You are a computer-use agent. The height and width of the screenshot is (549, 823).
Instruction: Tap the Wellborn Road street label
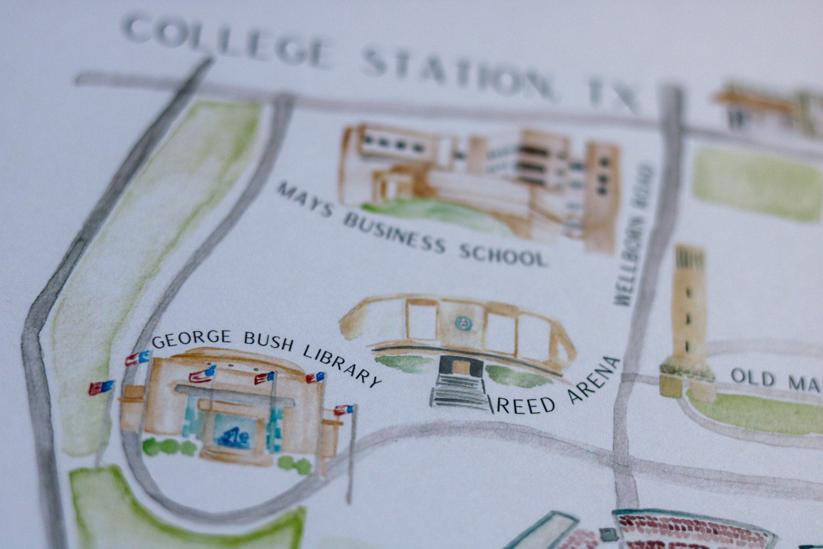[x=634, y=233]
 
